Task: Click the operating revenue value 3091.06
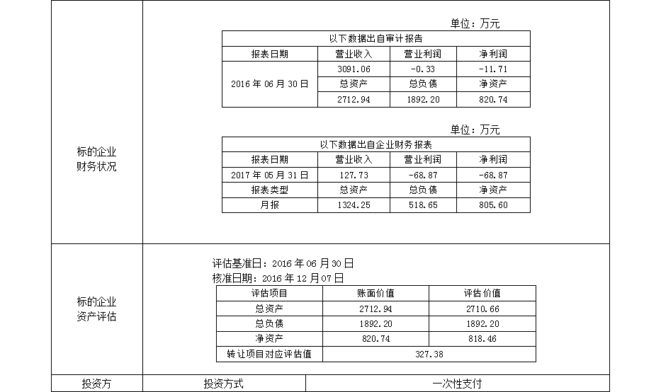coord(354,69)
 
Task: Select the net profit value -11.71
coord(493,69)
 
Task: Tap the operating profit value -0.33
coord(423,69)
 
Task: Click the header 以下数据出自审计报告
coord(375,39)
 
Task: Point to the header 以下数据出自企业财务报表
coord(375,145)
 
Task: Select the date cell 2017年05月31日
coord(269,175)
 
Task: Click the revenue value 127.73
coord(354,175)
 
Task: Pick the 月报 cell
coord(269,205)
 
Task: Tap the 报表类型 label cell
coord(269,190)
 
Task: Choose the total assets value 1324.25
coord(354,205)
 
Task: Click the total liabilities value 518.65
coord(423,205)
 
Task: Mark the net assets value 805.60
coord(493,205)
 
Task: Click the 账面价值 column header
coord(375,293)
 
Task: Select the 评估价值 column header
coord(482,293)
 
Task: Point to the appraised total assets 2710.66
coord(482,309)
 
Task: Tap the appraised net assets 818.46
coord(482,339)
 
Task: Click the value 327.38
coord(429,354)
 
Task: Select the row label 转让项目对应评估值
coord(269,354)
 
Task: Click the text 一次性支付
coord(457,384)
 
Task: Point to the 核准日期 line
coord(278,278)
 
